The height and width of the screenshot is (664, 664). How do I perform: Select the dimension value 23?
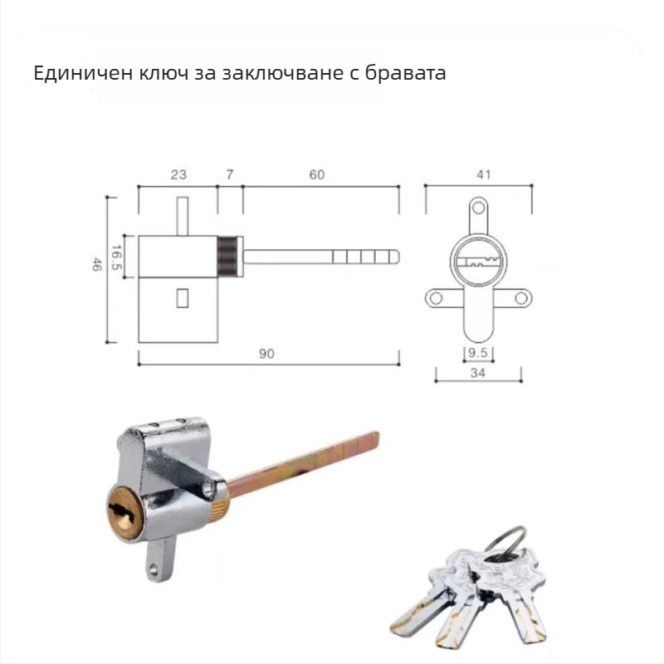pos(178,174)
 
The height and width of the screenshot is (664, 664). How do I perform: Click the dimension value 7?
pos(230,174)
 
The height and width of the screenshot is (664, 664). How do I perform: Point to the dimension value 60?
pos(316,174)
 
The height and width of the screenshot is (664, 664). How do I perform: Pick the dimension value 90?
pos(265,354)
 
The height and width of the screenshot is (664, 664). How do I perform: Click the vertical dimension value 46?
pos(97,266)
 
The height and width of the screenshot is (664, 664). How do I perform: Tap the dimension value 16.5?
pos(118,257)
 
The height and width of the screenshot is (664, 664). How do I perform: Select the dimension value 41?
pos(485,174)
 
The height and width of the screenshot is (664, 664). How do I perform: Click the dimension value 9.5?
pos(477,354)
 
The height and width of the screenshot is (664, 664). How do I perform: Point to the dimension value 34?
pos(477,373)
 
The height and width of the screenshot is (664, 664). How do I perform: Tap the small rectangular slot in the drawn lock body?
pos(182,295)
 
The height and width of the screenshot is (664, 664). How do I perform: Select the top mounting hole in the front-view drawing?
pos(478,207)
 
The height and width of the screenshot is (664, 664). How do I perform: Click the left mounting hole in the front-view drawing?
pos(433,296)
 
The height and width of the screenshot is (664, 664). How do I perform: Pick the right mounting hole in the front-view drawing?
pos(520,296)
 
